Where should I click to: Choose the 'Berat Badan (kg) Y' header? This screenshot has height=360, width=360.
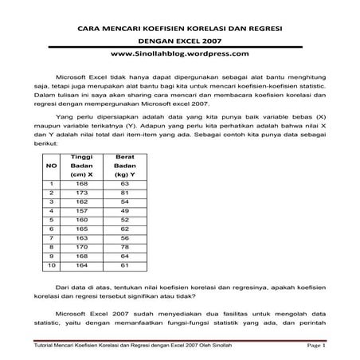[125, 166]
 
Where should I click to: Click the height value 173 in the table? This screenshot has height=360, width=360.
[81, 193]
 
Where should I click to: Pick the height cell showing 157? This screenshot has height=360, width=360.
[81, 210]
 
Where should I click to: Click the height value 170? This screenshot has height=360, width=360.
[81, 247]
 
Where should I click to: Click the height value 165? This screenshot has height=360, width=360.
[81, 229]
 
